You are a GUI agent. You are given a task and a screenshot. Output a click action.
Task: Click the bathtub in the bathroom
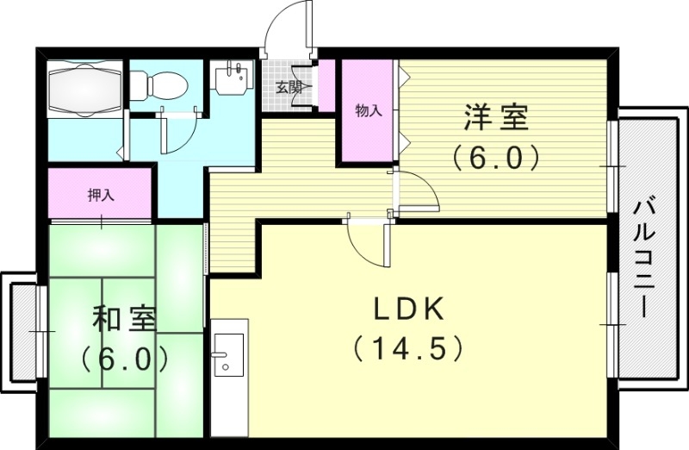tap(83, 90)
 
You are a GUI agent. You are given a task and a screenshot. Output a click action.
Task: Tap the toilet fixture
tap(164, 84)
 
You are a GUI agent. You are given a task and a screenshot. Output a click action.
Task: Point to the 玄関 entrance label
tap(289, 86)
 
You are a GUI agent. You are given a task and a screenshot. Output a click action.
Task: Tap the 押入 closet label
tap(101, 195)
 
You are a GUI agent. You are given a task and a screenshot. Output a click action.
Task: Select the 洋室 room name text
tap(496, 118)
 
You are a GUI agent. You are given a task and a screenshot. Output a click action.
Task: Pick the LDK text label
tap(408, 309)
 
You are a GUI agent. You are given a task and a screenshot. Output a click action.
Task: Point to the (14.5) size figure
tap(408, 348)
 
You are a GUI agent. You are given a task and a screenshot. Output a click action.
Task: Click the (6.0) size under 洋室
tap(496, 158)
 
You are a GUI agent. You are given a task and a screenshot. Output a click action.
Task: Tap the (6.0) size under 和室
tap(124, 358)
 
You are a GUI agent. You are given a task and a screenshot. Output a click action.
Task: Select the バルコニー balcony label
tap(642, 258)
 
